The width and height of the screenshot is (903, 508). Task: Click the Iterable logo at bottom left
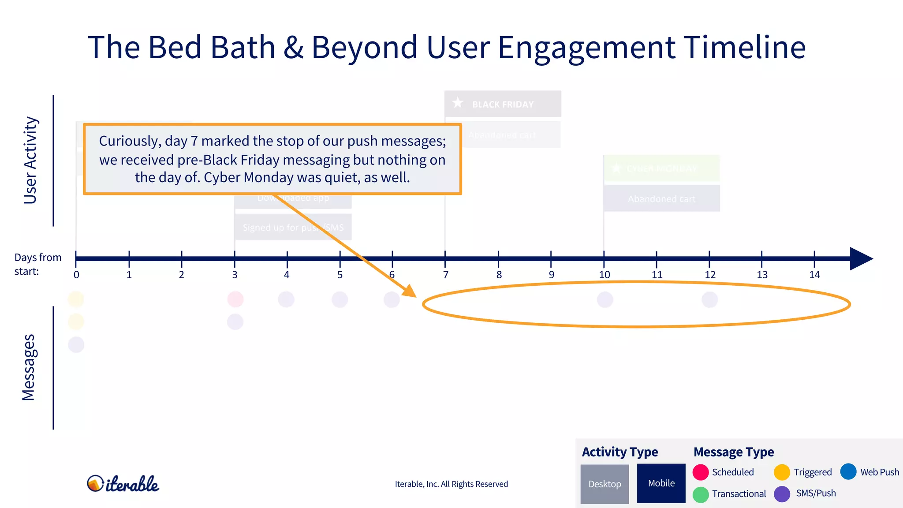(123, 484)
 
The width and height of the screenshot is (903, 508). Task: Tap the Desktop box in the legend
(604, 484)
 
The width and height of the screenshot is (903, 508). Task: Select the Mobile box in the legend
(661, 483)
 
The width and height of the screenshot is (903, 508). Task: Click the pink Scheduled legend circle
(701, 472)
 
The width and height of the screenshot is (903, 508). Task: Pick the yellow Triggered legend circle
(782, 472)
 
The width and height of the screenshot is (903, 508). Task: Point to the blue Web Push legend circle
(848, 471)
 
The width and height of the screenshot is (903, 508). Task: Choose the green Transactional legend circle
(701, 494)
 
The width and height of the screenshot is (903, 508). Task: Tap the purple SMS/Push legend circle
(782, 494)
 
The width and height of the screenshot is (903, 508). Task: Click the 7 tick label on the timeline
(446, 275)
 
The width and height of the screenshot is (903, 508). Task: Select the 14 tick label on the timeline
(814, 275)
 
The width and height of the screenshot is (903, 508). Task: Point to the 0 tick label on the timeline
(76, 275)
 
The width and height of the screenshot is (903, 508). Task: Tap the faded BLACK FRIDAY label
(503, 105)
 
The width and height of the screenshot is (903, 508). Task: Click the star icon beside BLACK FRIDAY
(458, 103)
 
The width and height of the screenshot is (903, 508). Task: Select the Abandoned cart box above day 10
(661, 199)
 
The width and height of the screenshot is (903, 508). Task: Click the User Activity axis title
(30, 161)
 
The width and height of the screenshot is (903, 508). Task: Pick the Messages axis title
(29, 367)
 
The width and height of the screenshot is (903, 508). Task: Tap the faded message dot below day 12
(709, 299)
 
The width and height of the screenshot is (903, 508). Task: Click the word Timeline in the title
(745, 47)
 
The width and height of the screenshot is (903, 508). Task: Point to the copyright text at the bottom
(451, 484)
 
